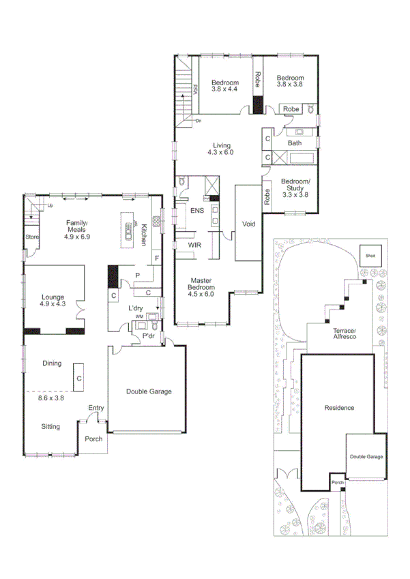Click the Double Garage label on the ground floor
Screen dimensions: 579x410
coord(148,391)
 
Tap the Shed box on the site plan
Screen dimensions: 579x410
coord(370,256)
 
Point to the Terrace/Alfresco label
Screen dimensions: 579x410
coord(339,333)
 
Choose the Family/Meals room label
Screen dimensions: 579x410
coord(77,227)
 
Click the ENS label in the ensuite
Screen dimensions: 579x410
coord(196,211)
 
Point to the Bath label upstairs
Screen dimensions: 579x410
coord(294,143)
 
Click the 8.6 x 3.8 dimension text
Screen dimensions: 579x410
coord(50,398)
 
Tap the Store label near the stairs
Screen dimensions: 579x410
coord(32,237)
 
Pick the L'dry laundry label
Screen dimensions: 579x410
coord(136,308)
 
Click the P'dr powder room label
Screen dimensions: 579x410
coord(148,336)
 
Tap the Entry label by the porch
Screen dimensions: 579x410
coord(96,409)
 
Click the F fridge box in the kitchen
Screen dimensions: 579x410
coord(156,258)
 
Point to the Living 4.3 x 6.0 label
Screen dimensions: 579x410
coord(222,149)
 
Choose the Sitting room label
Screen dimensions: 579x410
coord(50,426)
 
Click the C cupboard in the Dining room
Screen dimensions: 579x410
coord(79,378)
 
